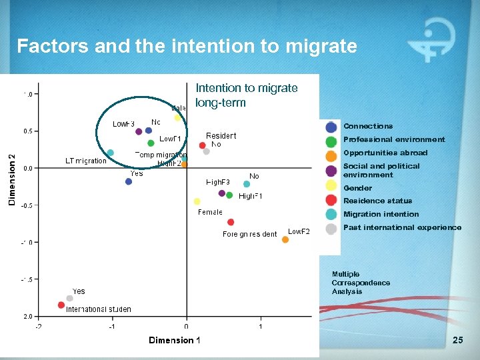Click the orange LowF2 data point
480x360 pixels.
point(285,239)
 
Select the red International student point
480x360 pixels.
point(61,305)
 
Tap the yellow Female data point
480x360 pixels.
point(197,201)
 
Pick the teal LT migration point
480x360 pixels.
point(110,153)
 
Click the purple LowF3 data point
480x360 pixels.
point(139,131)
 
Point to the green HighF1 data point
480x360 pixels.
point(229,195)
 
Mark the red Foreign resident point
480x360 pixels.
point(231,222)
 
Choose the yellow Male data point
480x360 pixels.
point(178,118)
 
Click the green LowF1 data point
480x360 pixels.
point(151,142)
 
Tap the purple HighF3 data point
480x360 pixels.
point(221,193)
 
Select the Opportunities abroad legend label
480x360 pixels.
point(385,153)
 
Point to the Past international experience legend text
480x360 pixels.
point(402,227)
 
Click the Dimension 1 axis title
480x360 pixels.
point(174,340)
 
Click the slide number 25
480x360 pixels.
point(457,341)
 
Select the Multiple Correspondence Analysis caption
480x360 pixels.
point(361,283)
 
